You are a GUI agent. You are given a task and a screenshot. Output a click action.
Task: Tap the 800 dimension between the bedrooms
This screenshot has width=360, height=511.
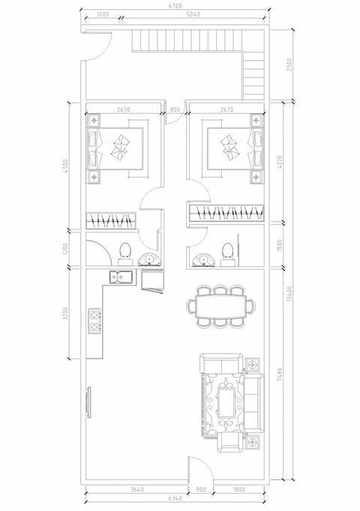coord(175,110)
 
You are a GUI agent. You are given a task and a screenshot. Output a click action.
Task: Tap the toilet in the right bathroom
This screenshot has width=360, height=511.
coord(228,251)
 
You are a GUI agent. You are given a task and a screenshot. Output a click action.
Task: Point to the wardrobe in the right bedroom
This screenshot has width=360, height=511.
coord(226,214)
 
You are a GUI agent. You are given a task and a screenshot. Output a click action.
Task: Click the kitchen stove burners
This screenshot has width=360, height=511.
coord(94,320)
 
